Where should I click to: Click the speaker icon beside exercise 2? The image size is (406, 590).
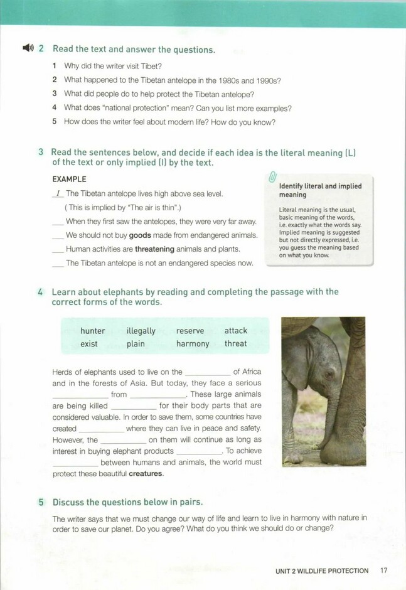click(x=27, y=48)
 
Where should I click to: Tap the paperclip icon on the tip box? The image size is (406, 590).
click(x=272, y=178)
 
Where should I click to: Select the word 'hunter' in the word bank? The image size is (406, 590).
click(x=93, y=331)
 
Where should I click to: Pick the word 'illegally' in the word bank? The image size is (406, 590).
click(x=141, y=331)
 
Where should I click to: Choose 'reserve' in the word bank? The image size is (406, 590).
click(x=190, y=331)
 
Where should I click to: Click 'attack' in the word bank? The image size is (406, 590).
click(x=236, y=331)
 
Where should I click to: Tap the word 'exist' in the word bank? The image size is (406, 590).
click(x=89, y=343)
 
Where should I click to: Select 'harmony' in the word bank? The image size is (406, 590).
click(x=193, y=343)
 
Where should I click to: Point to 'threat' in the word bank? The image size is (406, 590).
click(x=236, y=343)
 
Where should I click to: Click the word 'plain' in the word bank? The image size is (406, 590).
click(x=136, y=343)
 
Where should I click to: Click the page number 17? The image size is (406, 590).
click(x=384, y=571)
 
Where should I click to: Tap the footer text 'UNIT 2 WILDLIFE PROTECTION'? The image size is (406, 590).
click(x=322, y=571)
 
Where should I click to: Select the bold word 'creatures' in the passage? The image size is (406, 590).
click(x=146, y=473)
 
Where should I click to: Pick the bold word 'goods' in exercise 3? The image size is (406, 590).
click(x=140, y=235)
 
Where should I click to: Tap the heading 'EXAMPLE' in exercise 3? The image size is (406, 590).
click(x=69, y=180)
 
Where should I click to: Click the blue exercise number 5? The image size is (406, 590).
click(x=41, y=502)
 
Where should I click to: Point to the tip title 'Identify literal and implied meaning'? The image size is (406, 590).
click(x=320, y=190)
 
